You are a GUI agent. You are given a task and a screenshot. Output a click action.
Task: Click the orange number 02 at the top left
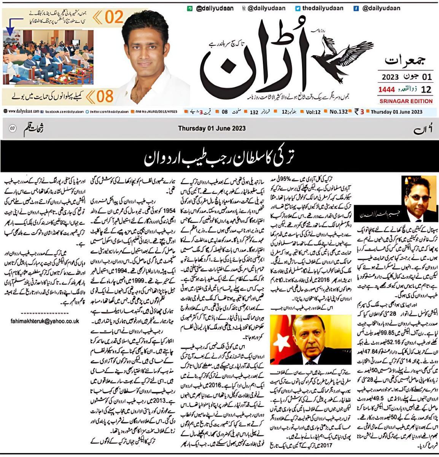(x=115, y=18)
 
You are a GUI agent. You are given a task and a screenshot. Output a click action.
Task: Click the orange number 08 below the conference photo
(x=105, y=97)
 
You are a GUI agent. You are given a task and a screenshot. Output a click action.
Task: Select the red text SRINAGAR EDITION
(x=406, y=101)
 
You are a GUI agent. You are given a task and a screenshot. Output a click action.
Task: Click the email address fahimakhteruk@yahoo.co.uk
(x=45, y=321)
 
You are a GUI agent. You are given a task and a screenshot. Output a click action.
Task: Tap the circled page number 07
(x=12, y=129)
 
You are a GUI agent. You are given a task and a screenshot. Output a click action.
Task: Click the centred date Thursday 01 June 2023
(x=212, y=128)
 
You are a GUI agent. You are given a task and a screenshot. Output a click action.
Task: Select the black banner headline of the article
(x=219, y=156)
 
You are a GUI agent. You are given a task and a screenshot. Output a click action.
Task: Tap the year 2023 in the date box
(x=391, y=77)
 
